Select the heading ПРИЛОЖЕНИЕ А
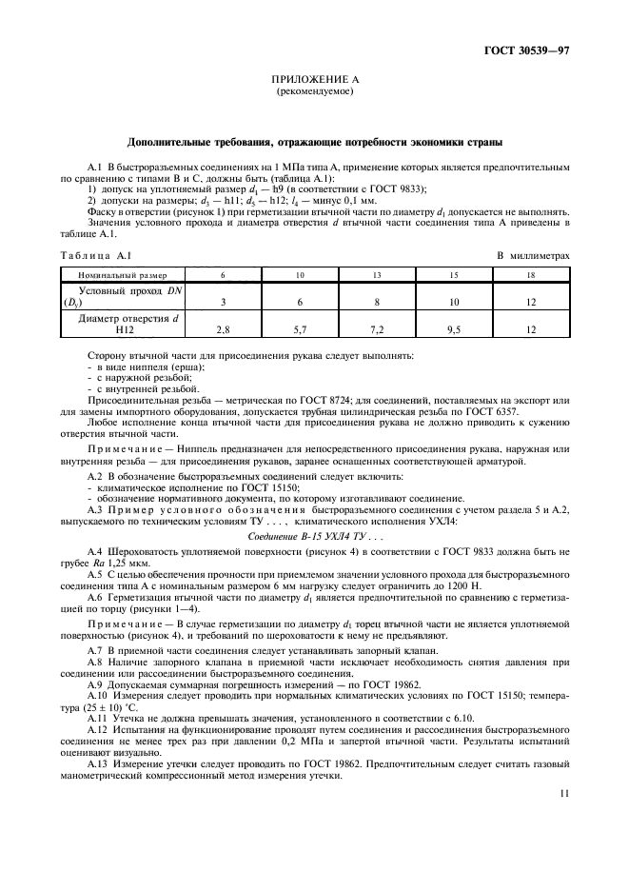[x=314, y=83]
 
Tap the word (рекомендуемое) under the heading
[x=314, y=93]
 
